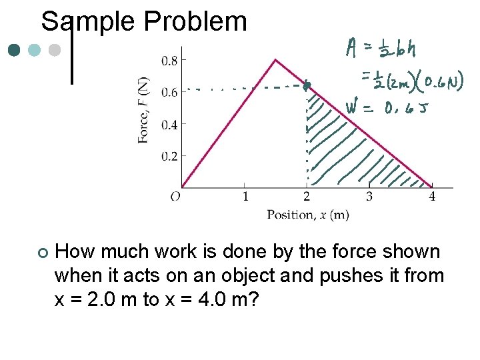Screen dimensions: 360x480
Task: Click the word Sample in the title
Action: (89, 21)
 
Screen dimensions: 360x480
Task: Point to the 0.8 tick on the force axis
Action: (169, 61)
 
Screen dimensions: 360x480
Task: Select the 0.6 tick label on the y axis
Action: (169, 93)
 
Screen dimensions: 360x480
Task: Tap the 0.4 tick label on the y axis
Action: (169, 125)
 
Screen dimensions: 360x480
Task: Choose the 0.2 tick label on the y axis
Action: (169, 156)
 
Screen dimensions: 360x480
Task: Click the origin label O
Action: (175, 197)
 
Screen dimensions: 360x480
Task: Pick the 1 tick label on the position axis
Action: (245, 197)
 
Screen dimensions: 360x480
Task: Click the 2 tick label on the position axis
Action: (307, 197)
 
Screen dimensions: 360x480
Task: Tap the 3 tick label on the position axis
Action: (369, 197)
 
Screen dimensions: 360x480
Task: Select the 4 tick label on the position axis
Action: (432, 197)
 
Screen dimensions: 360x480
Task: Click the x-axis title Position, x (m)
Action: (307, 214)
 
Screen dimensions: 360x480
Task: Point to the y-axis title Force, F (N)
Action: (143, 110)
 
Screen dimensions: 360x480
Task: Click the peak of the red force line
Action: (275, 59)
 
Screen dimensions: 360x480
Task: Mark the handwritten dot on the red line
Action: (307, 85)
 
